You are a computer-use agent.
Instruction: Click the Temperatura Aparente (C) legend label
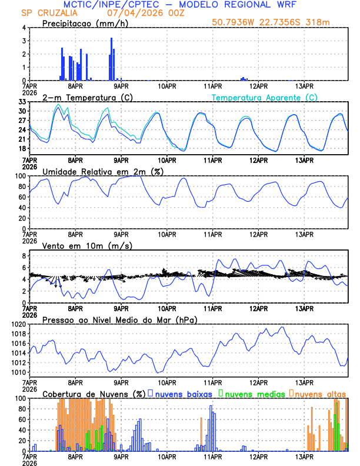(265, 98)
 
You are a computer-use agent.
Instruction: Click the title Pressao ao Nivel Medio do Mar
(119, 319)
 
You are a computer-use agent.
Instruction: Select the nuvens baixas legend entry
(182, 393)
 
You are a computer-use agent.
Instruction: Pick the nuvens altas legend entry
(321, 393)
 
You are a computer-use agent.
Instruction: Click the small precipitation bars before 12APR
(244, 79)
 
